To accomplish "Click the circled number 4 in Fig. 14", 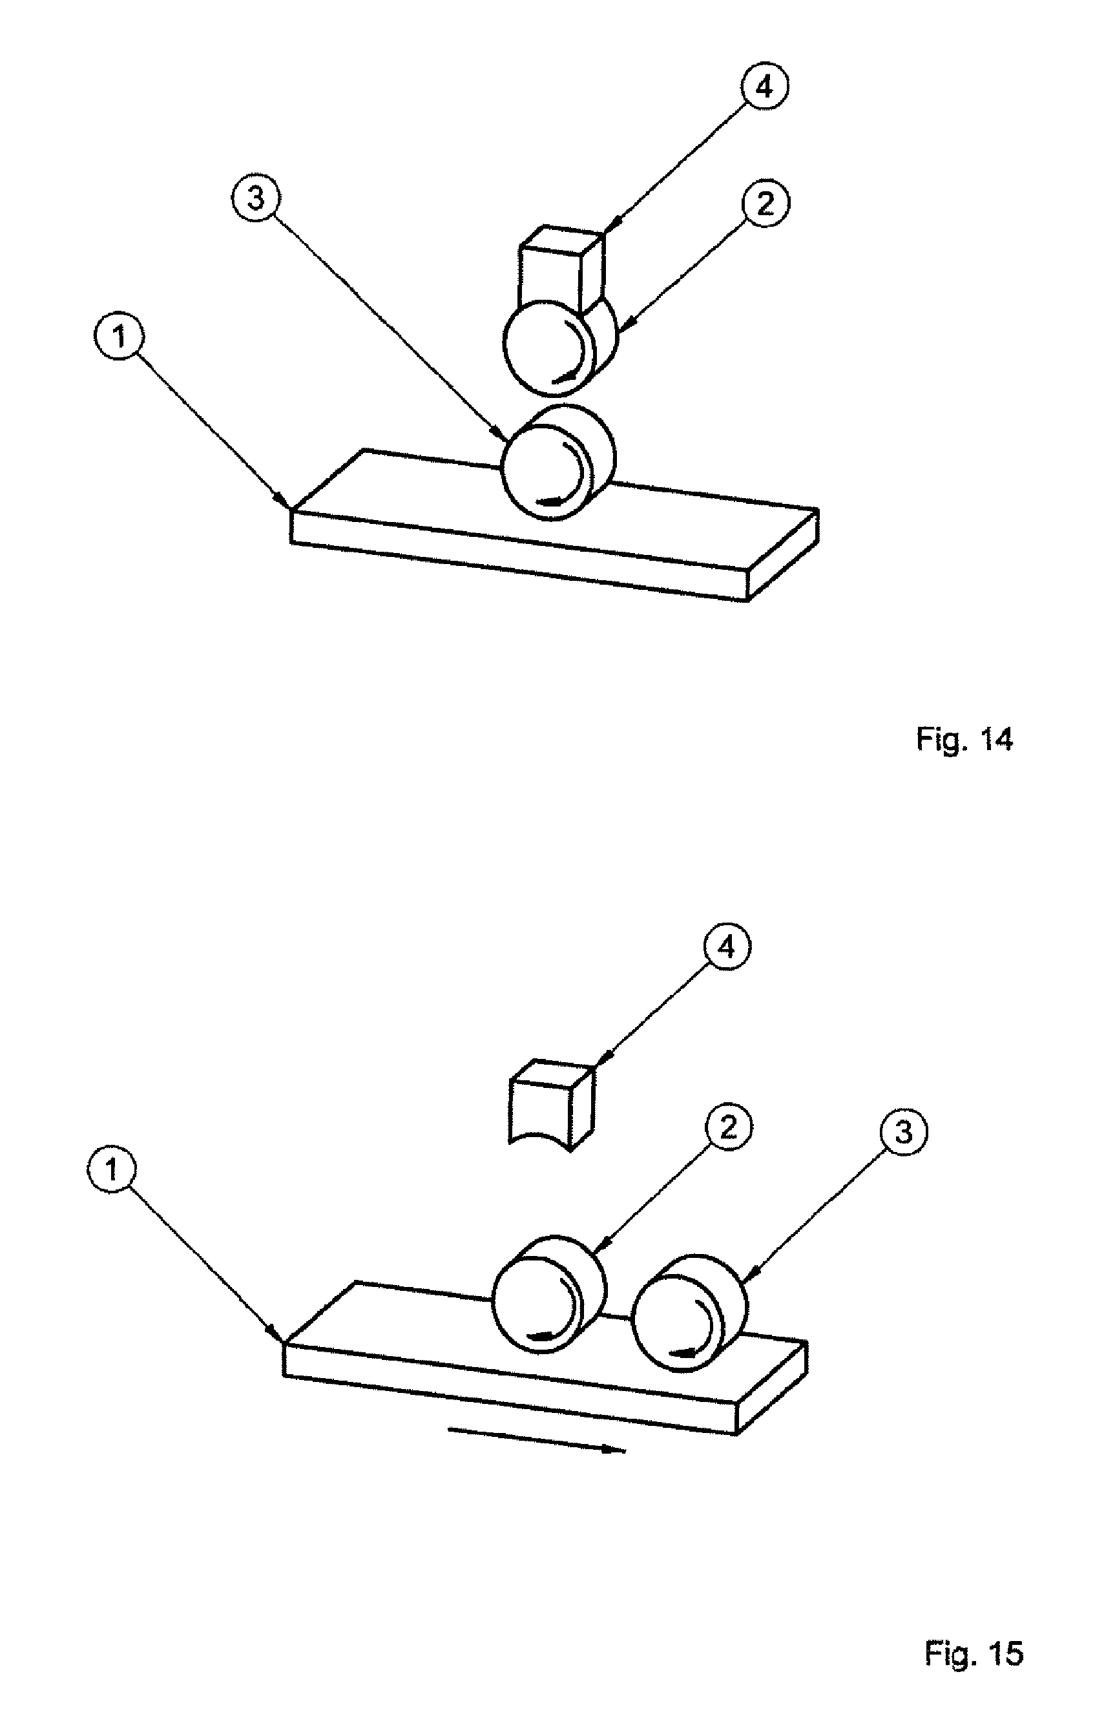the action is point(765,87).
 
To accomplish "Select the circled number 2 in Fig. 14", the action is point(765,204).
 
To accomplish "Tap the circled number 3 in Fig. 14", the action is point(256,198).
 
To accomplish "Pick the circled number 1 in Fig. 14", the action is point(120,338).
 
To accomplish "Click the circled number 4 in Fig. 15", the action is point(727,947).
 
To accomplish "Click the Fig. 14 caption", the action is point(964,740).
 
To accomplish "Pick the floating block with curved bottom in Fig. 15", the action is point(551,1103).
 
